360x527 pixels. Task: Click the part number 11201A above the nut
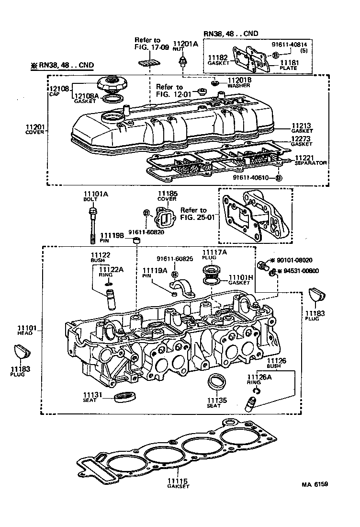tap(185, 44)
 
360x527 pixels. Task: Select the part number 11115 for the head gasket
tap(178, 481)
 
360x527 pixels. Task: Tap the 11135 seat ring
tap(217, 382)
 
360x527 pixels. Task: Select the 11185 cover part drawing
tap(164, 219)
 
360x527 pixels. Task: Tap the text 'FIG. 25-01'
tap(193, 217)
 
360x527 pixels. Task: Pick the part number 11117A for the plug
tap(214, 252)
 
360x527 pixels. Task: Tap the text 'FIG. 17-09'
tap(147, 47)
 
